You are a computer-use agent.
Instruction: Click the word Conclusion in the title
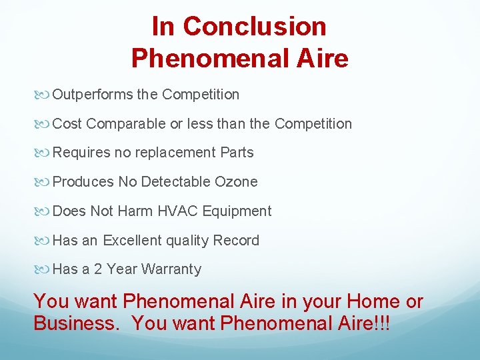[254, 27]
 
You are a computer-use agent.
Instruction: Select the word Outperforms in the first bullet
[93, 95]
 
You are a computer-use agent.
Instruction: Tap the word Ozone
[236, 182]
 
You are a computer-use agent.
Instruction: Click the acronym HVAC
[178, 211]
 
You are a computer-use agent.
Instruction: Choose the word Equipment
[237, 211]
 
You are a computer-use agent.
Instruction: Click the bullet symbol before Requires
[44, 153]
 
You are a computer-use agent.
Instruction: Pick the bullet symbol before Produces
[44, 182]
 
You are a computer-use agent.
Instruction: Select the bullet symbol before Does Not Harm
[44, 211]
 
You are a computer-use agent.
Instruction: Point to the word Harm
[135, 211]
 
